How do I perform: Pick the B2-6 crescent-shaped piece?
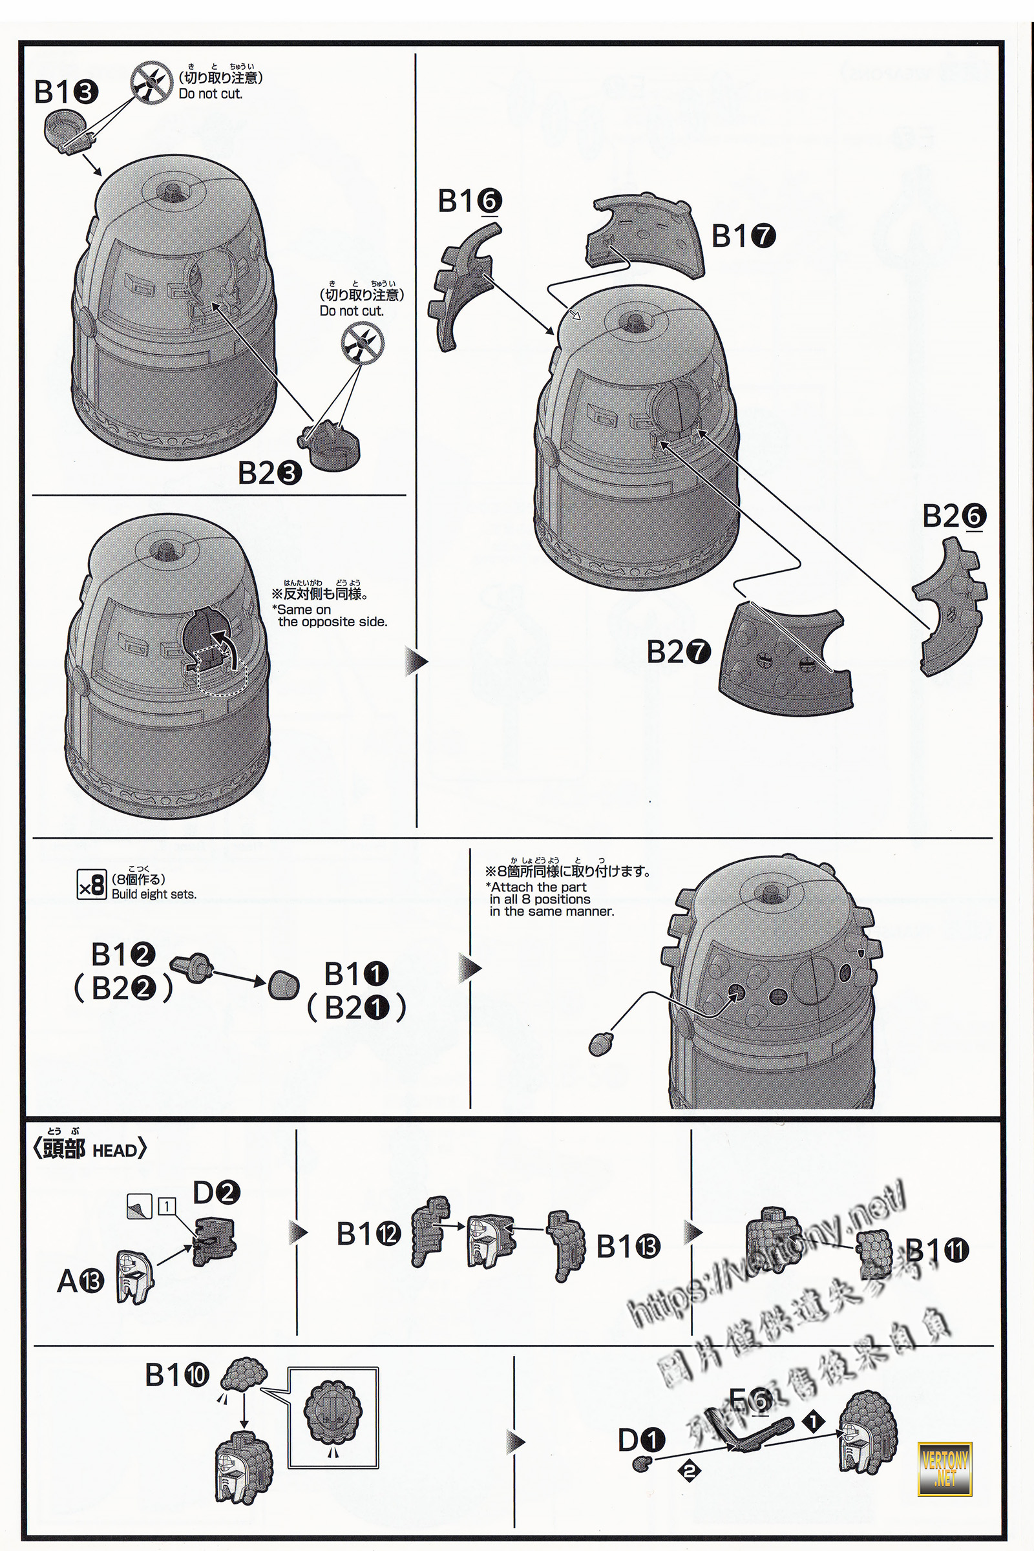pos(949,607)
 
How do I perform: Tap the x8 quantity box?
pos(91,885)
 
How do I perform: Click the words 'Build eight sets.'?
pos(154,895)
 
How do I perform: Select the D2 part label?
pos(216,1192)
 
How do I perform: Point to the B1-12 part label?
pos(368,1233)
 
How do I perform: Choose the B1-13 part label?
pos(628,1247)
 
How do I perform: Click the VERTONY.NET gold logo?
pos(944,1468)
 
